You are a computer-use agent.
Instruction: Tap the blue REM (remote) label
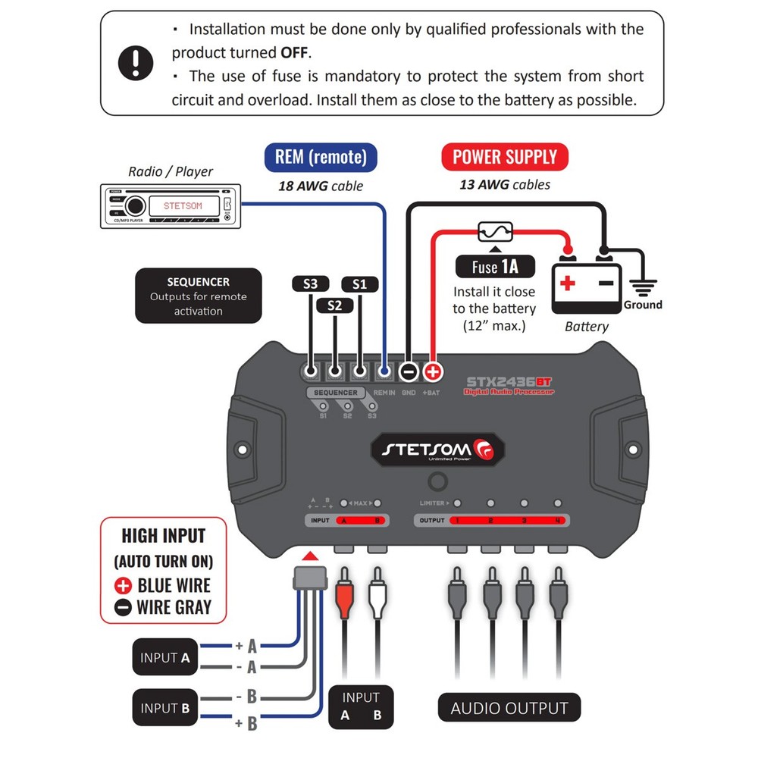pos(320,158)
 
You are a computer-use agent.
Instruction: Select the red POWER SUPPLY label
pos(505,158)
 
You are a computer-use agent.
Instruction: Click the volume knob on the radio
pos(135,205)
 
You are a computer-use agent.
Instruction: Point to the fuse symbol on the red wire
pos(495,231)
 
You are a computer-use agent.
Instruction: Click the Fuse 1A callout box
pos(495,267)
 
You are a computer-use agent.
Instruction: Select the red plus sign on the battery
pos(568,285)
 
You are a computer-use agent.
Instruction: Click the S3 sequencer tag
pos(311,284)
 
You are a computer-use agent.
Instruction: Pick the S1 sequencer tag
pos(359,284)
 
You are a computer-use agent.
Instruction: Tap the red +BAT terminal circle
pos(433,371)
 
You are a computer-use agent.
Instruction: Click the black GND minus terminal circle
pos(409,371)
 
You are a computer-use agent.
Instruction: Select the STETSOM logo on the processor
pos(435,449)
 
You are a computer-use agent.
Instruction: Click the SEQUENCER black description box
pos(199,296)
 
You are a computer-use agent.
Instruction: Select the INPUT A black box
pos(164,658)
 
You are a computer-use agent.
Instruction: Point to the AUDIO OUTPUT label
pos(509,709)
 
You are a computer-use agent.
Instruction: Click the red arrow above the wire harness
pos(310,557)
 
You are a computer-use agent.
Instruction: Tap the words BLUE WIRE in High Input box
pos(174,585)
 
